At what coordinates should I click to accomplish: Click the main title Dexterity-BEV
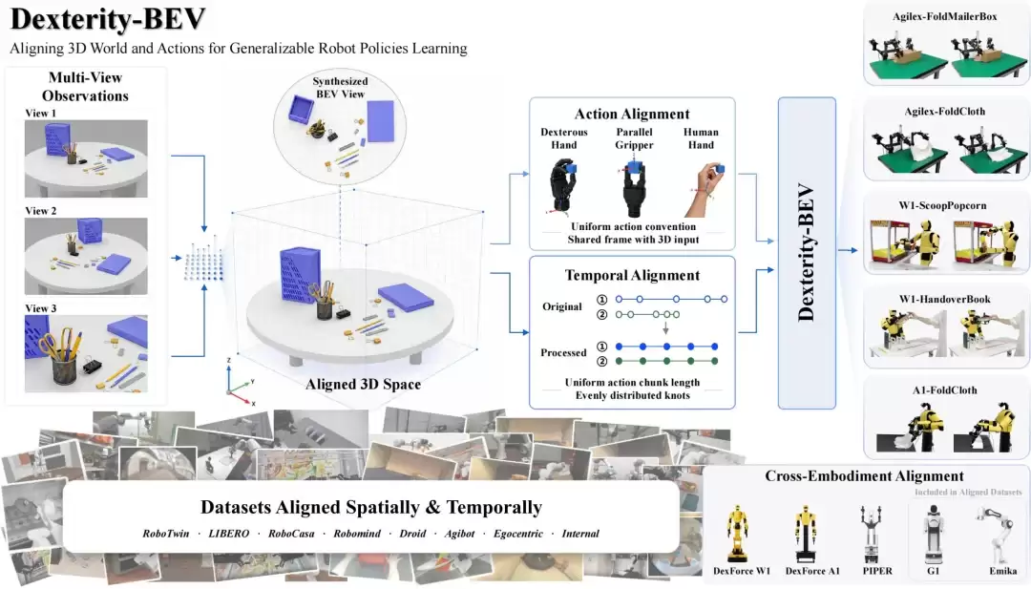(108, 19)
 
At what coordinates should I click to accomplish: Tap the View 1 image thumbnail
(86, 158)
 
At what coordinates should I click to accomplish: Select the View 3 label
(41, 308)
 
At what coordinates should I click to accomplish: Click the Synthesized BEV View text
(340, 88)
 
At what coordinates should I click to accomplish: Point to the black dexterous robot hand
(563, 187)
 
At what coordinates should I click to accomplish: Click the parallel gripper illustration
(633, 188)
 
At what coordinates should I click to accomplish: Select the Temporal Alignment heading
(632, 275)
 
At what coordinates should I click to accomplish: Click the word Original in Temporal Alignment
(561, 306)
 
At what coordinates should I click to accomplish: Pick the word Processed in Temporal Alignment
(563, 352)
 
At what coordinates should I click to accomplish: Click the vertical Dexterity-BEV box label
(806, 253)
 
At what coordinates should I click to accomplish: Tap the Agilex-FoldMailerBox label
(945, 16)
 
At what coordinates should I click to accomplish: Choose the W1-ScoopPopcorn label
(943, 205)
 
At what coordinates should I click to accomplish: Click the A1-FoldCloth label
(945, 389)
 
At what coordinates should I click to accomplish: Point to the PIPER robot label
(878, 571)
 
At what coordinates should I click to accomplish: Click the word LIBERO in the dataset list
(229, 534)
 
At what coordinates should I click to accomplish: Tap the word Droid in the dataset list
(412, 534)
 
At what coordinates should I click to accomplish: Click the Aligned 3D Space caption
(363, 384)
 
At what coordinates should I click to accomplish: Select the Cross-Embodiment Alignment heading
(864, 476)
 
